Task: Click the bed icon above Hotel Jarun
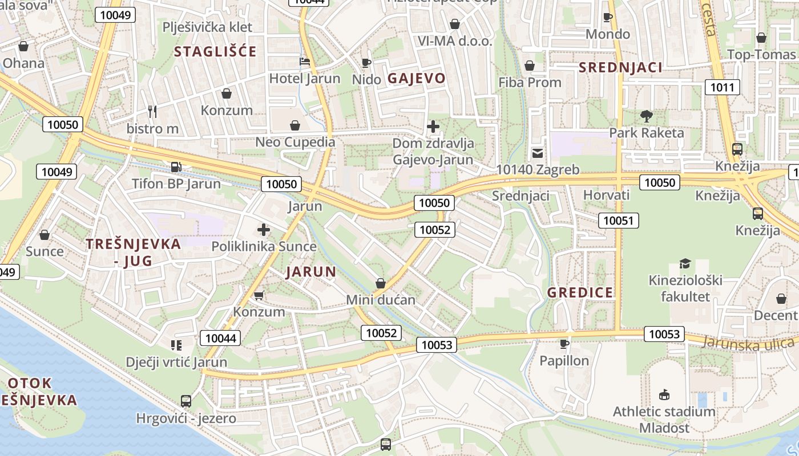[x=305, y=62]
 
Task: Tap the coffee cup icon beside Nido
[x=366, y=62]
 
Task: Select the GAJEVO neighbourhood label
[x=417, y=79]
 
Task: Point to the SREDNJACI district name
[x=621, y=68]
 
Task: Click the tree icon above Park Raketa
[x=646, y=116]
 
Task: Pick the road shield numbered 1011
[x=723, y=87]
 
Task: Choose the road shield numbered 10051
[x=619, y=221]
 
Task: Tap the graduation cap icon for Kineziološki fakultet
[x=685, y=263]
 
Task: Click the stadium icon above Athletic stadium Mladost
[x=664, y=394]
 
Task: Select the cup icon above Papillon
[x=564, y=344]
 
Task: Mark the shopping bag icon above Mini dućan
[x=381, y=283]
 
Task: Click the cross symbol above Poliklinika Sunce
[x=264, y=230]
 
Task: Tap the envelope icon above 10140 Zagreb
[x=538, y=153]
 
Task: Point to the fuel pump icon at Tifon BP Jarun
[x=176, y=167]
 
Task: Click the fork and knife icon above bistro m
[x=152, y=111]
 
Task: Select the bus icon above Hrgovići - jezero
[x=186, y=401]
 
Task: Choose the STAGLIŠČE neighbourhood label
[x=215, y=52]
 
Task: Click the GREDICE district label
[x=580, y=293]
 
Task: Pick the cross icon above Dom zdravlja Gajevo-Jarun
[x=433, y=127]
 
